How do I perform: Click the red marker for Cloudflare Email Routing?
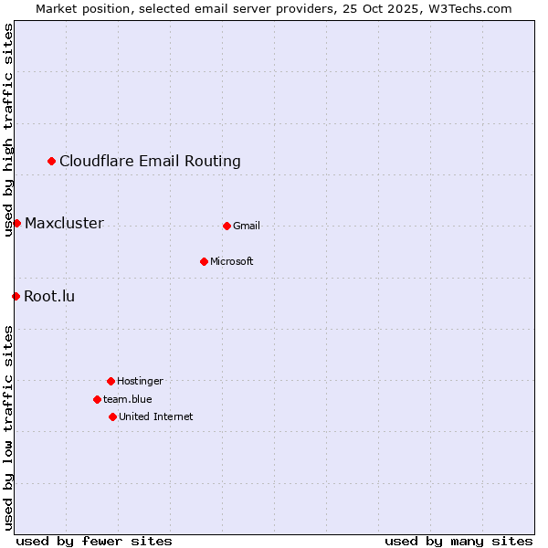[52, 162]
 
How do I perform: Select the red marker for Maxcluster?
[16, 224]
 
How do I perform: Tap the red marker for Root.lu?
[16, 296]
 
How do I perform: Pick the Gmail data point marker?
[227, 226]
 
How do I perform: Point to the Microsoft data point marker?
[204, 261]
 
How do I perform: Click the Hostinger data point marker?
[111, 381]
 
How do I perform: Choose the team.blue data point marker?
[97, 399]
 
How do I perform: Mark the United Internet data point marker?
[112, 416]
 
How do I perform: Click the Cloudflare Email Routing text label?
[150, 162]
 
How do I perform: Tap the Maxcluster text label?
[64, 224]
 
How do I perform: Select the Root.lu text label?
[49, 296]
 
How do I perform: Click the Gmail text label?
[247, 226]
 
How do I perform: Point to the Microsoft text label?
[232, 261]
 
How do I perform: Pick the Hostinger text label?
[140, 381]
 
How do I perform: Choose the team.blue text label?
[128, 399]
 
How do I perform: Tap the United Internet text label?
[156, 416]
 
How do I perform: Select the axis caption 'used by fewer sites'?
[94, 541]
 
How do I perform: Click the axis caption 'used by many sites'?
[458, 541]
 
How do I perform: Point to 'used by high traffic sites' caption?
[8, 130]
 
